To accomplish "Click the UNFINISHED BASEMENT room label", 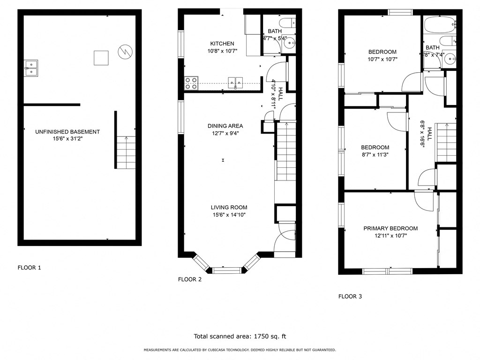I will click(67, 132).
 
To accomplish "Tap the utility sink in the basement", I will click(31, 67).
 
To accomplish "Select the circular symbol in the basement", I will click(125, 50).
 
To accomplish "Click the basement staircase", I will click(125, 152).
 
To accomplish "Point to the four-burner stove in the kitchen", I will click(191, 83).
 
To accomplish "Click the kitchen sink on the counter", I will click(235, 83).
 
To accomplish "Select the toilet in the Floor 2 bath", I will click(285, 22).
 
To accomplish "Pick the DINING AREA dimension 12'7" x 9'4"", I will click(225, 133).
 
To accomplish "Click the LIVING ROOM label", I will click(229, 208).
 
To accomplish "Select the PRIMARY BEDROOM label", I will click(390, 229).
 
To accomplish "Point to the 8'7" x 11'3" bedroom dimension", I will click(375, 154).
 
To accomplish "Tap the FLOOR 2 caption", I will click(190, 279).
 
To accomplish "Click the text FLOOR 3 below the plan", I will click(350, 296).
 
